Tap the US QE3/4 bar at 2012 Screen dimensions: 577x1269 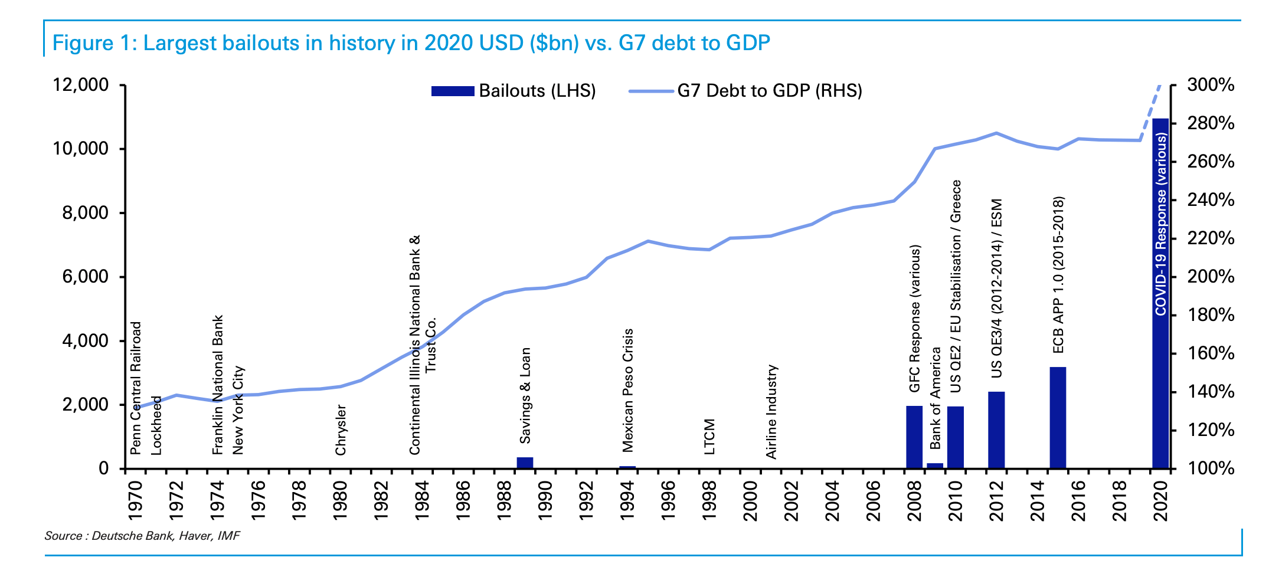coord(996,430)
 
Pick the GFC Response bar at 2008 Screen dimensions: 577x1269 coord(914,437)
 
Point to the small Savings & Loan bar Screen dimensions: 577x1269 coord(525,463)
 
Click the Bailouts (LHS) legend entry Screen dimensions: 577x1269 coord(514,91)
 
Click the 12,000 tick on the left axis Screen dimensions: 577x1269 coord(81,85)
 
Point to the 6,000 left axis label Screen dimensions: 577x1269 coord(86,277)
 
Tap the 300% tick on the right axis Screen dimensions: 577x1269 coord(1211,85)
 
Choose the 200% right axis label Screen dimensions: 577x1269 coord(1211,277)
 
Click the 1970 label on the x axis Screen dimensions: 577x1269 coord(135,501)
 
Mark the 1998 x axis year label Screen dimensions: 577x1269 coord(709,501)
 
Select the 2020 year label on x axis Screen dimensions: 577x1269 coord(1160,501)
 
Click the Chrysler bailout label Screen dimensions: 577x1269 coord(341,430)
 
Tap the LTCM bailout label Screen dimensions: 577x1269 coord(709,437)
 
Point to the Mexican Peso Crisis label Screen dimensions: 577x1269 coord(627,390)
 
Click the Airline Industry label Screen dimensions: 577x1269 coord(771,411)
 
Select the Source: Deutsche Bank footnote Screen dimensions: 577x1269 coord(142,536)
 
